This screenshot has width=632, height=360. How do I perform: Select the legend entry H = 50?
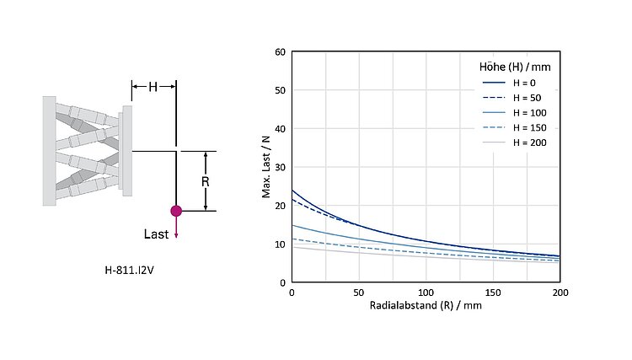coord(519,98)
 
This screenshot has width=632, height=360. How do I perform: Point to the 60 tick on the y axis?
coord(280,52)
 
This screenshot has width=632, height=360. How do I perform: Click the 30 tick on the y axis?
coord(280,167)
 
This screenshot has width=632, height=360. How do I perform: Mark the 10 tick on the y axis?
coord(280,244)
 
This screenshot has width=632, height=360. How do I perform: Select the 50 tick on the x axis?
coord(358,293)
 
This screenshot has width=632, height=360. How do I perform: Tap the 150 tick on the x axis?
coord(493,293)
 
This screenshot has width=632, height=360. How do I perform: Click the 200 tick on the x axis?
coord(560,293)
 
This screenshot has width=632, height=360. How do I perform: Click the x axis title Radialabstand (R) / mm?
coord(425,305)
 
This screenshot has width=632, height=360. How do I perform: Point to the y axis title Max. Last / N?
coord(265,167)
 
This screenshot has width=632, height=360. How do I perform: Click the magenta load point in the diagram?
coord(175,211)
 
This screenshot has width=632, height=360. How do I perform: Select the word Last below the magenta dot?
coord(157,234)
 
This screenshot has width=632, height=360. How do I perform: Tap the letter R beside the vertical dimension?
coord(193,181)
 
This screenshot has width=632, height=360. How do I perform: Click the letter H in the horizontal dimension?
coord(153,86)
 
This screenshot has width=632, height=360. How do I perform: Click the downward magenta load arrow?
coord(175,229)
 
